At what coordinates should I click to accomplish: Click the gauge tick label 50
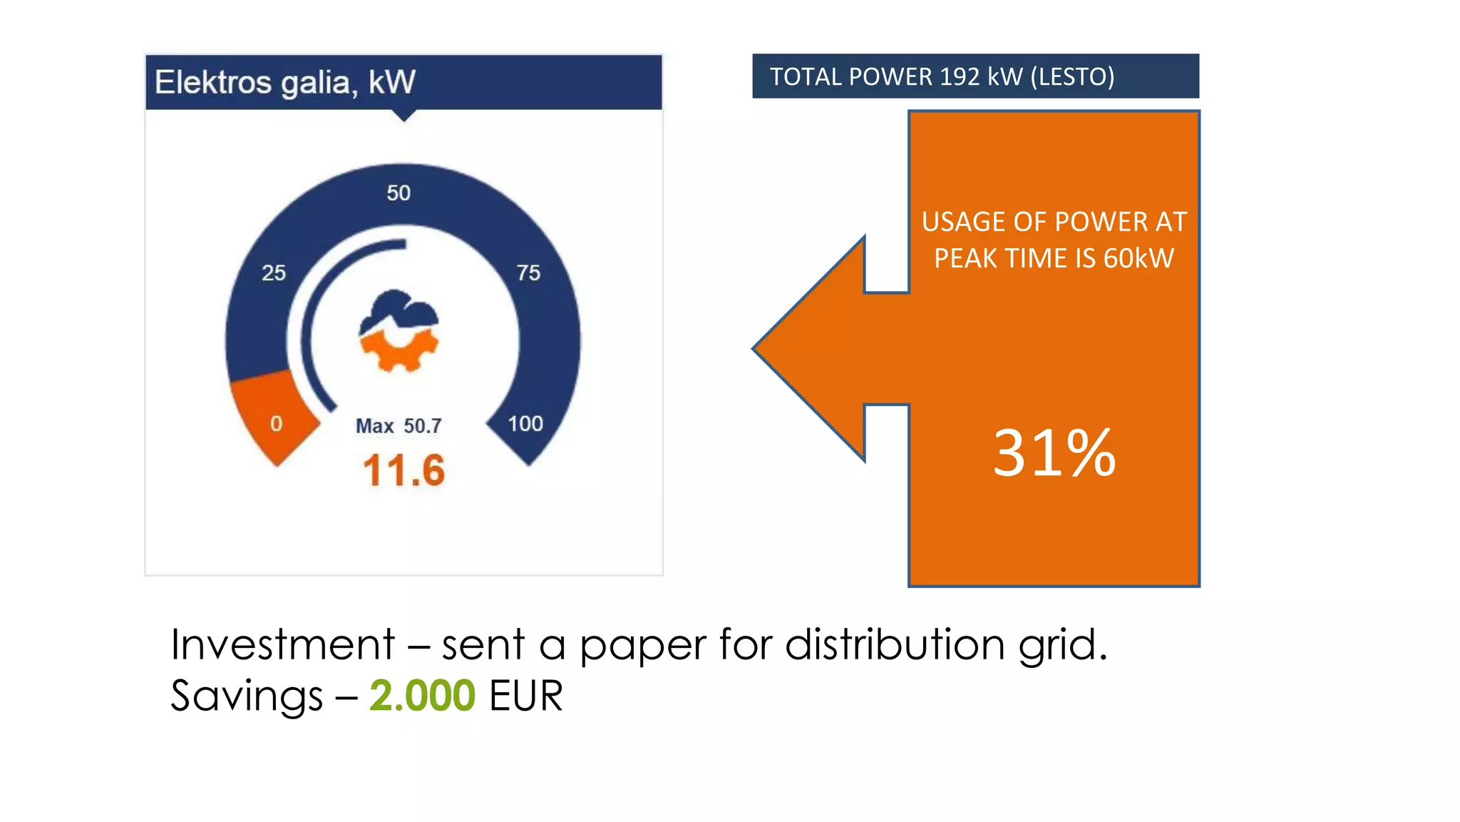pyautogui.click(x=399, y=193)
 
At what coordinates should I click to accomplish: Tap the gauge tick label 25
pyautogui.click(x=274, y=273)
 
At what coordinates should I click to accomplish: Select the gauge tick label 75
pyautogui.click(x=528, y=273)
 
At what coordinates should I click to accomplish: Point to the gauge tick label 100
pyautogui.click(x=525, y=424)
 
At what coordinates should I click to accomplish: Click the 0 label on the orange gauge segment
pyautogui.click(x=277, y=424)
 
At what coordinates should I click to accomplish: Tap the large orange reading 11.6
pyautogui.click(x=403, y=471)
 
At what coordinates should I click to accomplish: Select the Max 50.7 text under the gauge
pyautogui.click(x=399, y=426)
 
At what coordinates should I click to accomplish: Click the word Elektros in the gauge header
pyautogui.click(x=212, y=82)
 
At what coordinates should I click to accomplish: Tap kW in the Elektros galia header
pyautogui.click(x=391, y=82)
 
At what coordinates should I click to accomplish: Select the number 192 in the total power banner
pyautogui.click(x=960, y=76)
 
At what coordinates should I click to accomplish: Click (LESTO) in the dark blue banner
pyautogui.click(x=1072, y=76)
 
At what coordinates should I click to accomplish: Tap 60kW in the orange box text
pyautogui.click(x=1138, y=258)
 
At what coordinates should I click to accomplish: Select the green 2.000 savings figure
pyautogui.click(x=422, y=696)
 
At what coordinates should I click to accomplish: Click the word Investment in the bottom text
pyautogui.click(x=282, y=644)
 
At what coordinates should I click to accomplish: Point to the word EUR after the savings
pyautogui.click(x=526, y=696)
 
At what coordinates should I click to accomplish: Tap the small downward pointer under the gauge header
pyautogui.click(x=404, y=115)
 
